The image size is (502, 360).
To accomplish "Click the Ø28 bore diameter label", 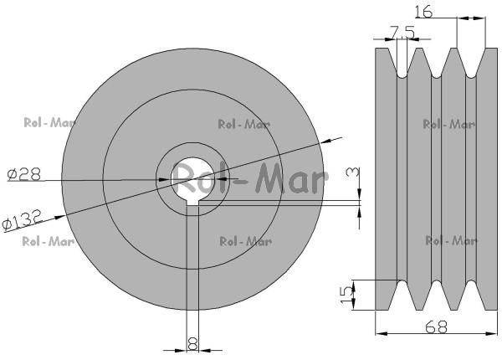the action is coord(24,174).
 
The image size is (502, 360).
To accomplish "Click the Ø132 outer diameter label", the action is coord(22,219).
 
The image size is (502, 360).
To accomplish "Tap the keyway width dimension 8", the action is coord(192,344).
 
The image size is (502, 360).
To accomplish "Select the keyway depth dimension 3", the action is coord(352,174).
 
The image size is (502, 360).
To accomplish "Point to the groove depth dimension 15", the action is coord(346,295).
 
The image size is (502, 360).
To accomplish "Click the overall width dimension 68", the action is coord(436,327).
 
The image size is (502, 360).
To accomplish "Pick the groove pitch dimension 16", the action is coord(423,12).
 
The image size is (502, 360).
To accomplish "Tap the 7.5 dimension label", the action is coord(402,32).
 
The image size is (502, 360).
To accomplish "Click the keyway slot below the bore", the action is coord(192,203).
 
